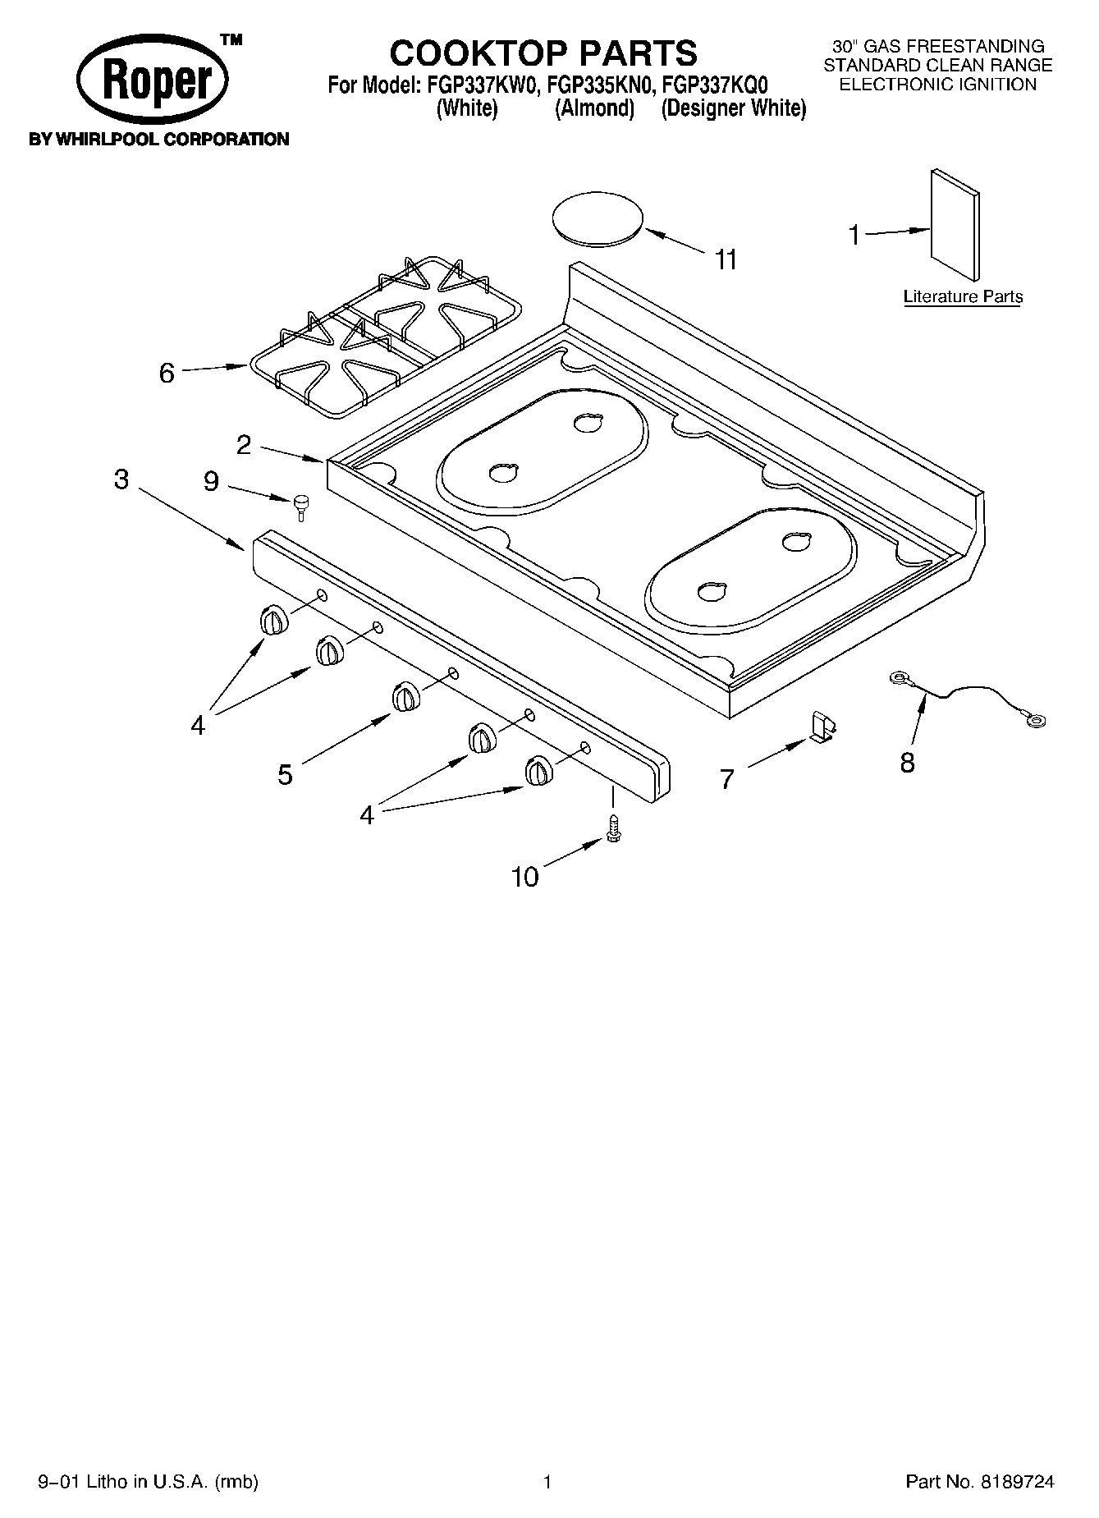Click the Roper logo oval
pyautogui.click(x=153, y=80)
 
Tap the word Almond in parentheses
pyautogui.click(x=595, y=108)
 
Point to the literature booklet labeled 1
pyautogui.click(x=955, y=225)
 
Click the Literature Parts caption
pyautogui.click(x=963, y=296)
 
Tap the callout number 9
pyautogui.click(x=211, y=481)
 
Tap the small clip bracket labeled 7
pyautogui.click(x=822, y=726)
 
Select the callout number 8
pyautogui.click(x=906, y=763)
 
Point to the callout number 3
pyautogui.click(x=121, y=479)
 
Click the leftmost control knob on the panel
pyautogui.click(x=273, y=621)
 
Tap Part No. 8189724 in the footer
pyautogui.click(x=979, y=1481)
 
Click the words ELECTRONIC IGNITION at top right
pyautogui.click(x=937, y=84)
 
